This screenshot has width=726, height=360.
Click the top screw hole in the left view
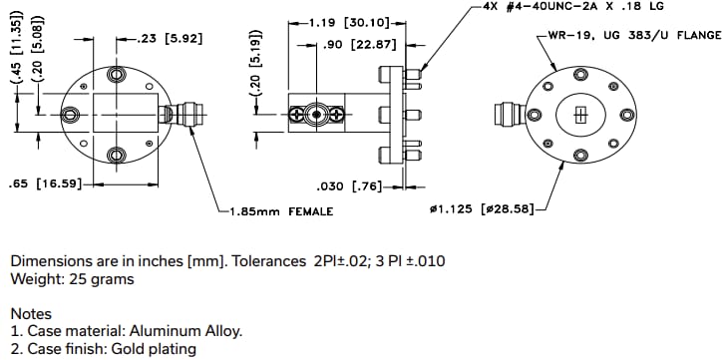(116, 76)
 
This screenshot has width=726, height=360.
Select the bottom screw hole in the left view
(116, 154)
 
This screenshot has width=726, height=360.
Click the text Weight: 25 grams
(72, 279)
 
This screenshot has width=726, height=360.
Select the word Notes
(31, 314)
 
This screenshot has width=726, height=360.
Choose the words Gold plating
(153, 349)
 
